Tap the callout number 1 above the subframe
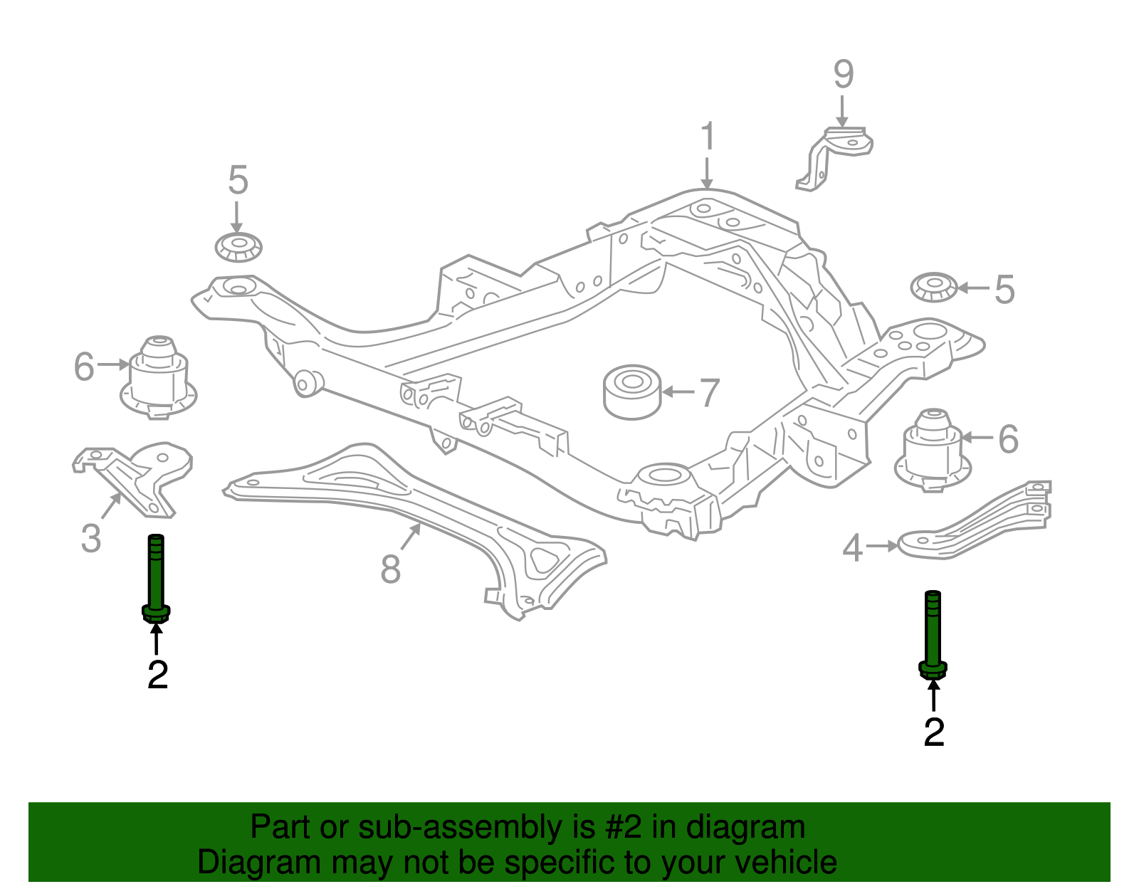coord(707,137)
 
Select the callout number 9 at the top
coord(843,74)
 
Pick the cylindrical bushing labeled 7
coord(631,393)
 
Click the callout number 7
coord(709,393)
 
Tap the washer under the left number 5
coord(238,247)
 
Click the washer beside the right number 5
coord(934,287)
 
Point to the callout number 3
coord(91,539)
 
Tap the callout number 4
coord(853,548)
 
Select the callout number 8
coord(390,569)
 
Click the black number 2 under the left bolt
coord(157,675)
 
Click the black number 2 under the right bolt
coord(933,732)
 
